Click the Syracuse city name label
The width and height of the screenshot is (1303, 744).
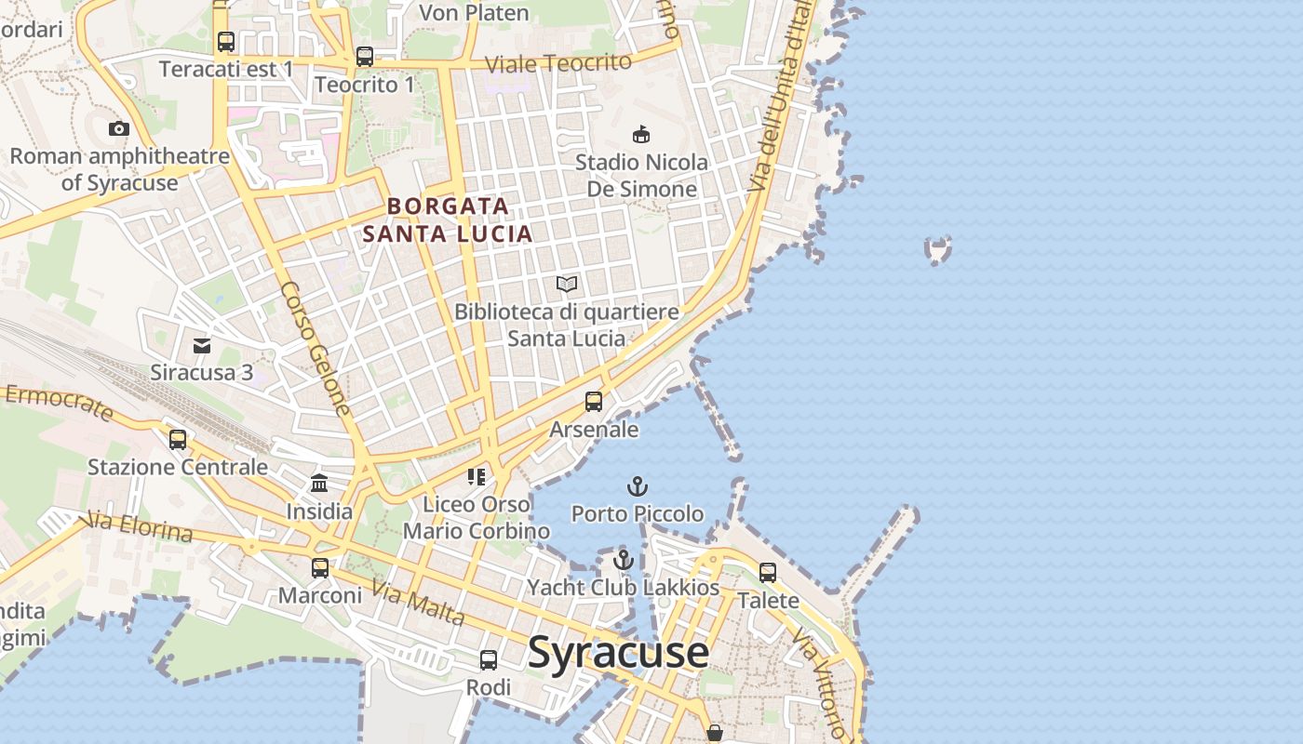coord(618,653)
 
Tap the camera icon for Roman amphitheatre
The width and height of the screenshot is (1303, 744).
coord(119,129)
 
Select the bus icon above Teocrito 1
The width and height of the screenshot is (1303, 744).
coord(365,57)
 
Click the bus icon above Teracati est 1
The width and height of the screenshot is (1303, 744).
coord(226,42)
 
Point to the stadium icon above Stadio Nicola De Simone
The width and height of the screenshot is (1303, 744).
coord(641,134)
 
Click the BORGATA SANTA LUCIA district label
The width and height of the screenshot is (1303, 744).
coord(448,219)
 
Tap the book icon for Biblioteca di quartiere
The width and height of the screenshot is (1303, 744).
coord(567,284)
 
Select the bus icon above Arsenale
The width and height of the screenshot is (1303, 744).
coord(594,402)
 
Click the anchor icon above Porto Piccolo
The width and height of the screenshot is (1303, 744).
coord(638,486)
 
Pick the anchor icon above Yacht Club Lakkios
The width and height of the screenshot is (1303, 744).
coord(624,560)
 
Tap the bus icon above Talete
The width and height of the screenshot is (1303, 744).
coord(768,573)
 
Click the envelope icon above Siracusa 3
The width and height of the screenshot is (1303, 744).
coord(202,346)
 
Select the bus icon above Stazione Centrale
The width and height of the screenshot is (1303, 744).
coord(178,439)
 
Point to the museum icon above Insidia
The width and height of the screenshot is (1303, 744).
coord(319,483)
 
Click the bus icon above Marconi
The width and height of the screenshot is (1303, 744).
coord(320,567)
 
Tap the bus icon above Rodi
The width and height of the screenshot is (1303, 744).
coord(489,660)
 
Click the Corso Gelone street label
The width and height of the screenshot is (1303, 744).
coord(316,348)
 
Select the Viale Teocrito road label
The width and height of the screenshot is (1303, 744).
coord(558,63)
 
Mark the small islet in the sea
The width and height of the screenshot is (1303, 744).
coord(938,249)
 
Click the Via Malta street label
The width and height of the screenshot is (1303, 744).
coord(418,603)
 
